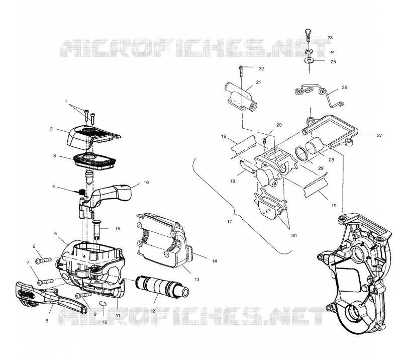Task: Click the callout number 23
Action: coord(330,38)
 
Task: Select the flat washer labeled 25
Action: coord(309,60)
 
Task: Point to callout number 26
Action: coord(345,87)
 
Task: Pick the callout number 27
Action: coord(379,135)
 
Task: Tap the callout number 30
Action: coord(294,235)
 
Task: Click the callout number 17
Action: coord(230,221)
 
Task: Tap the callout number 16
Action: coord(146,183)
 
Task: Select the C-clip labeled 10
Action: coord(103,303)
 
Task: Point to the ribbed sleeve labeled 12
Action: coord(162,287)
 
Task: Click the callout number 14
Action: coord(215,261)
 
